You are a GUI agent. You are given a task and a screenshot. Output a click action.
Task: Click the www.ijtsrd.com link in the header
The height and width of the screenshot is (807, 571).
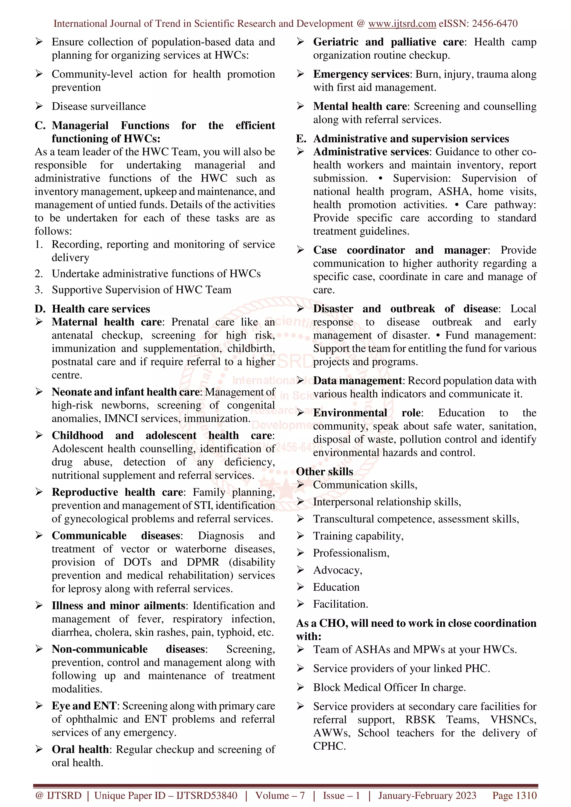[402, 24]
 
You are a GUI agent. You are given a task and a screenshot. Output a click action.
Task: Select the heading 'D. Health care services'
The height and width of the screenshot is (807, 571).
[93, 309]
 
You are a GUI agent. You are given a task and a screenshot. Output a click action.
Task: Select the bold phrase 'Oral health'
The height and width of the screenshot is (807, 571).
[80, 749]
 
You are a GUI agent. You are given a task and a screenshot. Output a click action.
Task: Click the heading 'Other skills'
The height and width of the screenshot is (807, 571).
[324, 471]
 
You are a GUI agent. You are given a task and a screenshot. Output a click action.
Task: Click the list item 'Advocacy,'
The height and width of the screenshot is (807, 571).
[337, 570]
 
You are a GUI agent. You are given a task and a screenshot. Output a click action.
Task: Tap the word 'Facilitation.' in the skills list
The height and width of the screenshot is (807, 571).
[340, 604]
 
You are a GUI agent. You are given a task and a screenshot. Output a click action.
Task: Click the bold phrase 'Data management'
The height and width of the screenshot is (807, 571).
[357, 381]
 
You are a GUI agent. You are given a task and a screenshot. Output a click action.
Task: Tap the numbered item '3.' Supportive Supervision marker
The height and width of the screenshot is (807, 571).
[39, 290]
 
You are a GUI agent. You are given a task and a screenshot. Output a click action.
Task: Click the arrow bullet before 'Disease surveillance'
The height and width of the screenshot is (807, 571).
[39, 106]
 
